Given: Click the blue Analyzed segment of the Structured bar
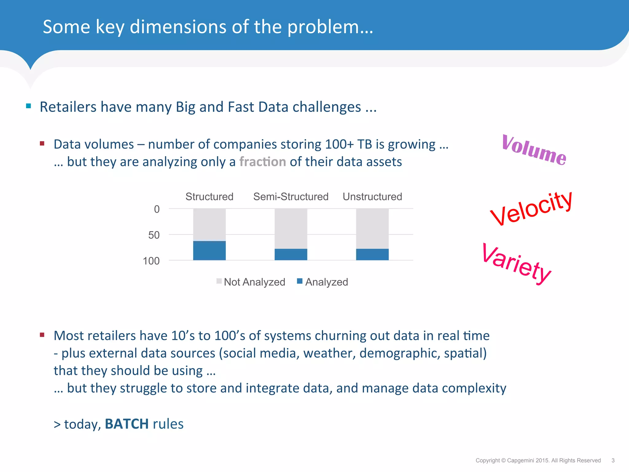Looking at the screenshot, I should pyautogui.click(x=209, y=250).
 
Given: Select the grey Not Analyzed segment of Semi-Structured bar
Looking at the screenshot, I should pyautogui.click(x=291, y=228).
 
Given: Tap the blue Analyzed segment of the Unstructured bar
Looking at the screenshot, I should pyautogui.click(x=372, y=254).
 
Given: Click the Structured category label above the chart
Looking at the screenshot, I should pyautogui.click(x=209, y=197).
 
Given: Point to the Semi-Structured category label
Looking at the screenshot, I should pyautogui.click(x=291, y=197).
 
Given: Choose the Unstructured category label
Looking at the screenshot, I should pyautogui.click(x=372, y=197).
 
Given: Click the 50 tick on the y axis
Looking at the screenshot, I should pyautogui.click(x=154, y=235).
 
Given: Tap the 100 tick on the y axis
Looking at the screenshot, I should pyautogui.click(x=151, y=261).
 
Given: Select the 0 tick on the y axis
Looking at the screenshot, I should pyautogui.click(x=157, y=209).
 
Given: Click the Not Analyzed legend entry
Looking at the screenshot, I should pyautogui.click(x=254, y=282).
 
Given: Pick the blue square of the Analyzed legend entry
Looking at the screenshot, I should pyautogui.click(x=300, y=281).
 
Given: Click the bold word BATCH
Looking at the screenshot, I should pyautogui.click(x=127, y=424).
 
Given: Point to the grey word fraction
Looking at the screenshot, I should pyautogui.click(x=263, y=162).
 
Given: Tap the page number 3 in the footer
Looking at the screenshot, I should pyautogui.click(x=613, y=460).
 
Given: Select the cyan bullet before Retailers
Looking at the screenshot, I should pyautogui.click(x=29, y=106).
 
